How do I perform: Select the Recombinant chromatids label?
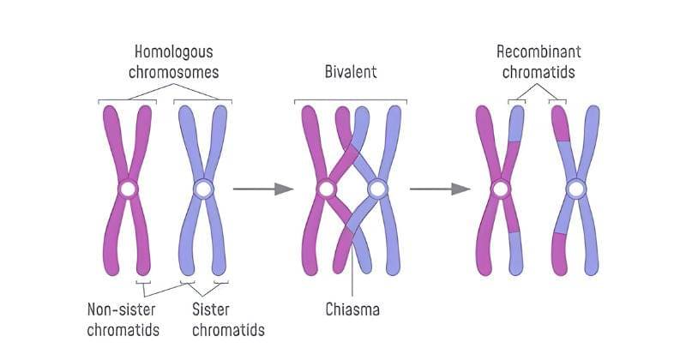click(538, 60)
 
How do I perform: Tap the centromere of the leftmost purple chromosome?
click(127, 189)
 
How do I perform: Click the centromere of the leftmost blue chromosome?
click(203, 189)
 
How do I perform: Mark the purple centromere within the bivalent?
click(325, 189)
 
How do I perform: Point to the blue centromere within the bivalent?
click(376, 189)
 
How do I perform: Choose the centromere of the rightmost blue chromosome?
click(575, 189)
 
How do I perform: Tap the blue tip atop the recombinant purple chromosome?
click(515, 123)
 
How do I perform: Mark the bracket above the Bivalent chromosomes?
click(350, 100)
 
